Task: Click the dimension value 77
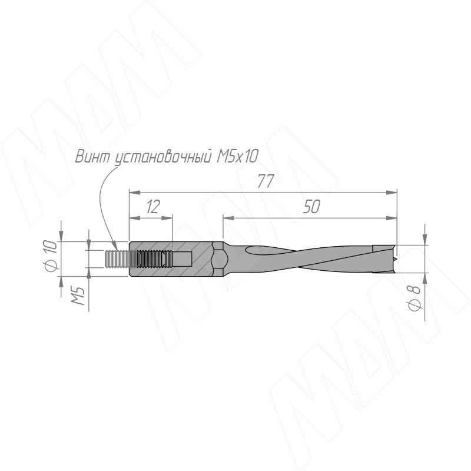pyautogui.click(x=266, y=181)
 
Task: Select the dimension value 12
pyautogui.click(x=153, y=206)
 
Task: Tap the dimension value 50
pyautogui.click(x=311, y=207)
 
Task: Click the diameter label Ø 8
pyautogui.click(x=414, y=298)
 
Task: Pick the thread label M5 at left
pyautogui.click(x=78, y=296)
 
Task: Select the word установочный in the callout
pyautogui.click(x=162, y=157)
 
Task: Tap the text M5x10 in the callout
pyautogui.click(x=237, y=156)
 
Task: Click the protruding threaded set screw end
pyautogui.click(x=117, y=258)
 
